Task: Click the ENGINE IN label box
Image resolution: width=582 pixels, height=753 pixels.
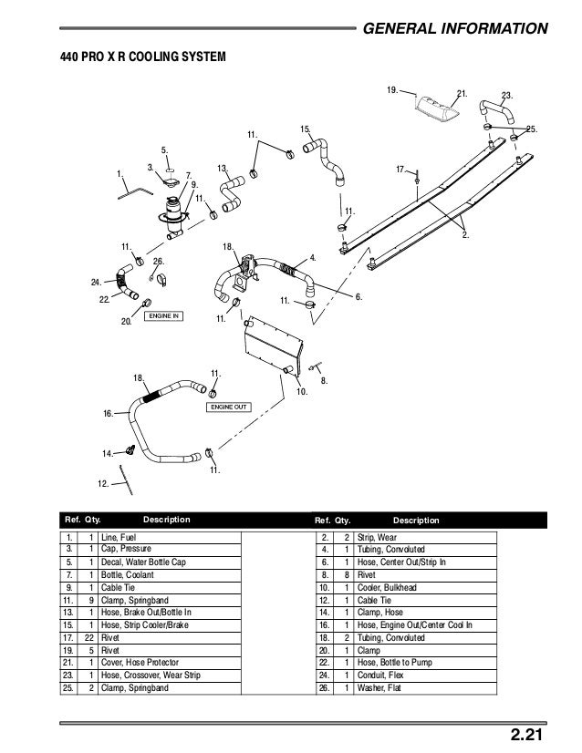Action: point(164,316)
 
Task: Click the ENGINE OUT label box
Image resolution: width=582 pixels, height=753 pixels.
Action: point(229,407)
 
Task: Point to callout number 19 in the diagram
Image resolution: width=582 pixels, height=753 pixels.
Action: point(391,91)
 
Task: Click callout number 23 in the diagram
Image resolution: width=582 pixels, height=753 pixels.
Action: point(507,94)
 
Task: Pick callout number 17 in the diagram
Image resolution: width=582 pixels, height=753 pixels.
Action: point(401,170)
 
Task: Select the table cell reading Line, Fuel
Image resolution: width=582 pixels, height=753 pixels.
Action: point(119,538)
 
